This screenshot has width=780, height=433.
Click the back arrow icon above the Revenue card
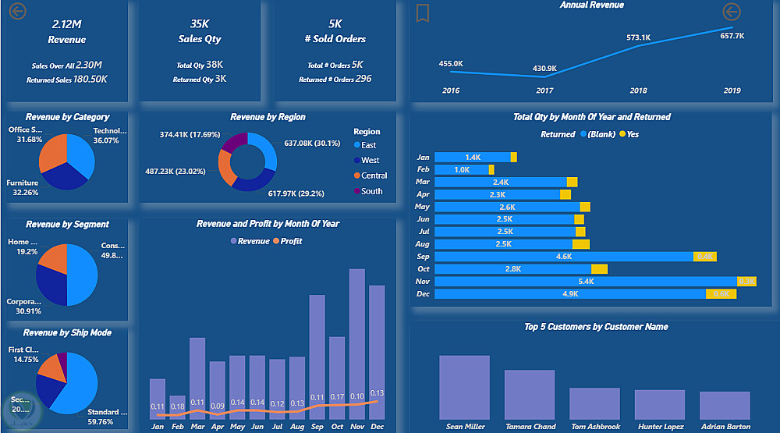tap(18, 11)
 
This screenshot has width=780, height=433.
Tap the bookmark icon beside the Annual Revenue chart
tap(422, 12)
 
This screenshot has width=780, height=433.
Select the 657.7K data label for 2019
tap(732, 36)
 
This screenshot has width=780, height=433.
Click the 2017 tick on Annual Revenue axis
tap(544, 91)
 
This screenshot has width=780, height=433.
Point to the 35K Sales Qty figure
tap(200, 24)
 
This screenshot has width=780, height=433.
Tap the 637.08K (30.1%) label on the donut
tap(313, 144)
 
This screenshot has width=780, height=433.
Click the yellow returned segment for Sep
tap(705, 257)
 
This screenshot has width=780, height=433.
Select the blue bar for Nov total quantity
tap(585, 281)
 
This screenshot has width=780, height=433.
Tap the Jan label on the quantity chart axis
tap(424, 158)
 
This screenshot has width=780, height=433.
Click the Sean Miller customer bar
tap(465, 388)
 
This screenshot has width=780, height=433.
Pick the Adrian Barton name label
tap(725, 427)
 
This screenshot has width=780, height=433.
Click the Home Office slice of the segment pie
tap(54, 257)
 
